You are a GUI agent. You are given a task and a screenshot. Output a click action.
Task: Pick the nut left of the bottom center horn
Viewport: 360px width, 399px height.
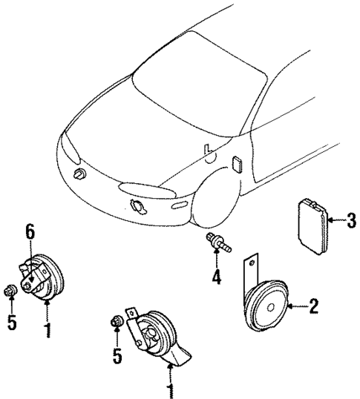tap(116, 320)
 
